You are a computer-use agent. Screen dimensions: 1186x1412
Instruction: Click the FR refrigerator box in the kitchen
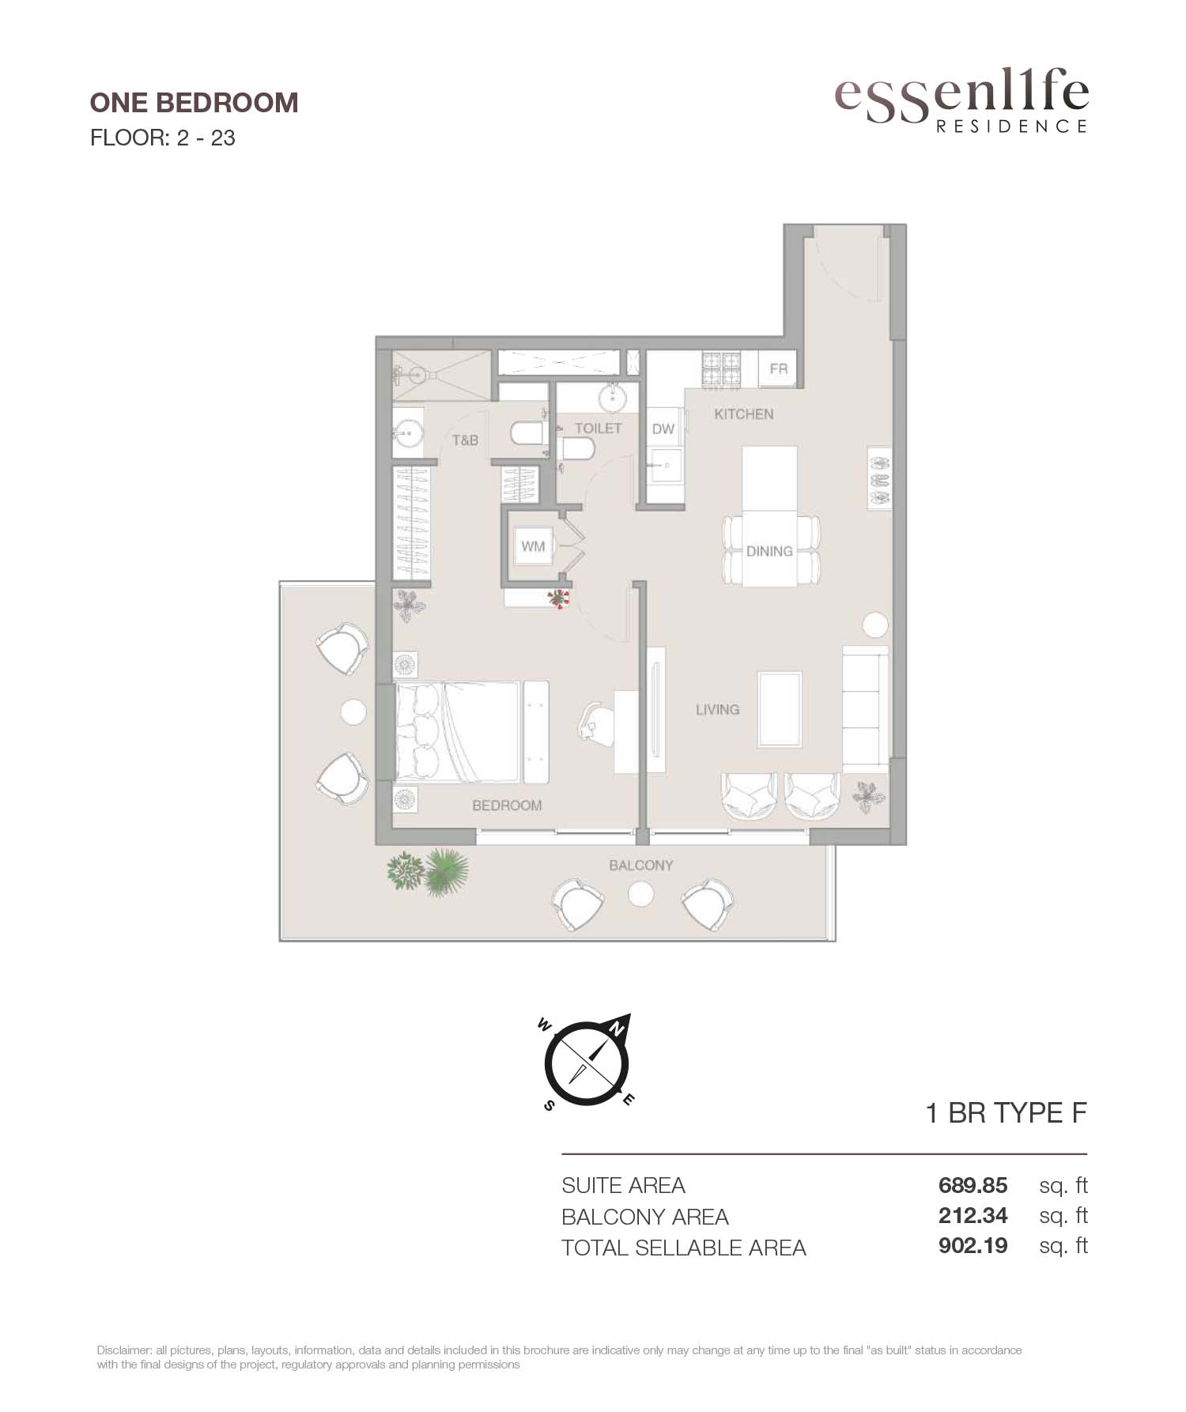779,369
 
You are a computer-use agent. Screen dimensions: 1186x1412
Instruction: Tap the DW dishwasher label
663,429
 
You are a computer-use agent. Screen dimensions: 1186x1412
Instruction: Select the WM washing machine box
533,546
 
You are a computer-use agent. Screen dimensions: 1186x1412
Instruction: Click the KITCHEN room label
743,413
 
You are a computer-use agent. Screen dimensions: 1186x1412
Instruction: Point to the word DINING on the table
769,551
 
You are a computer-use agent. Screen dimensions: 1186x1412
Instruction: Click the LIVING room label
718,709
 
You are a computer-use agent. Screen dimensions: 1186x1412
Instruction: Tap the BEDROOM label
507,806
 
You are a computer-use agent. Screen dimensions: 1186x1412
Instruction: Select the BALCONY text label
641,865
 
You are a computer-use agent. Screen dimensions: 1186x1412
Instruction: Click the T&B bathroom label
466,440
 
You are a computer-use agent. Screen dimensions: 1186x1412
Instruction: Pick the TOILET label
599,428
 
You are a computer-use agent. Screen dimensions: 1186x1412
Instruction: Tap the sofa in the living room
865,709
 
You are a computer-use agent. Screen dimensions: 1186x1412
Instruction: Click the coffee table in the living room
780,709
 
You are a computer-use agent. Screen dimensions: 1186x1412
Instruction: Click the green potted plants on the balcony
428,872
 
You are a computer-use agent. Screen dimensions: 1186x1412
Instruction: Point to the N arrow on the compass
617,1027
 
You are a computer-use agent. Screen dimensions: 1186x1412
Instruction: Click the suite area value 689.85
973,1185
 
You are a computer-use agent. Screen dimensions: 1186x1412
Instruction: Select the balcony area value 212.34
973,1216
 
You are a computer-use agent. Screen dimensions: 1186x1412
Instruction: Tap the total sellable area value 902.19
973,1246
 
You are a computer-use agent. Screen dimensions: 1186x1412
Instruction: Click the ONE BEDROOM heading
195,103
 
